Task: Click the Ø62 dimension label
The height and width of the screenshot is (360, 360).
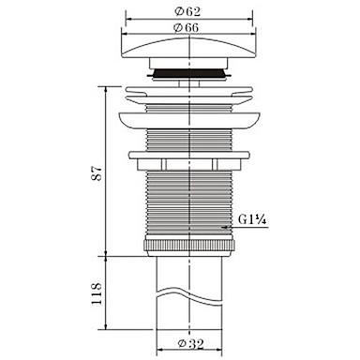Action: tap(187, 12)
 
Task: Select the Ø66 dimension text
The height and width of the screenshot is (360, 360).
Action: tap(187, 27)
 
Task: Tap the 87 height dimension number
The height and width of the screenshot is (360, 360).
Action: tap(98, 172)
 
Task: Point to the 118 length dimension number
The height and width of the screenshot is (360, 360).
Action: tap(97, 293)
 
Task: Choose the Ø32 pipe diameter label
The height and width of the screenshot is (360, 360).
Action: tap(190, 344)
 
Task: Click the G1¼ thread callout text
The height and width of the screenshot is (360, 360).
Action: tap(252, 219)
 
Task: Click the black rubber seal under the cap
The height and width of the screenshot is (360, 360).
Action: tap(189, 73)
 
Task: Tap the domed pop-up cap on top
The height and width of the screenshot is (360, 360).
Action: tap(189, 48)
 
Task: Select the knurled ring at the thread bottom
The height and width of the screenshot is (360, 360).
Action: tap(189, 246)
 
